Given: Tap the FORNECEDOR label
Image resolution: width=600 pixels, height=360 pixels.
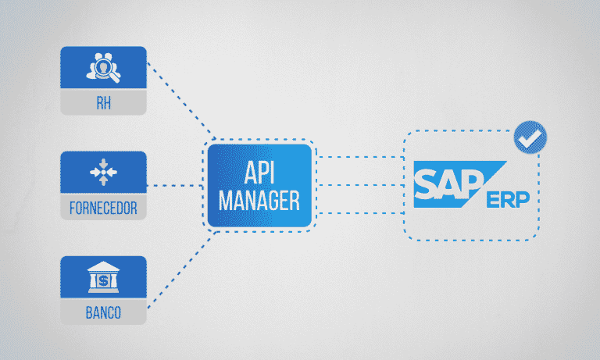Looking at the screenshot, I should tap(104, 209).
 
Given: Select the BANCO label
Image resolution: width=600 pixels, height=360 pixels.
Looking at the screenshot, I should tap(104, 315).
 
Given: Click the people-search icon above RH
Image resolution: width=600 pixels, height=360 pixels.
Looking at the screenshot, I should tap(104, 66).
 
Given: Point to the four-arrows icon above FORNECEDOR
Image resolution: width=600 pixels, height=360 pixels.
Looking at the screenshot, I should tap(104, 173).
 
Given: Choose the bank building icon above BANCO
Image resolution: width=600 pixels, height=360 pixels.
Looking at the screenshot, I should tap(104, 277).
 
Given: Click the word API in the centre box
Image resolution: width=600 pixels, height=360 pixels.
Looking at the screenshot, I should tap(259, 174).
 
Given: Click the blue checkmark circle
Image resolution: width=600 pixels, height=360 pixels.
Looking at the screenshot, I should tap(530, 138).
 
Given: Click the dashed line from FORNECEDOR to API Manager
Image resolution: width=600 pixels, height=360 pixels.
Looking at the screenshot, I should tap(175, 186).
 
